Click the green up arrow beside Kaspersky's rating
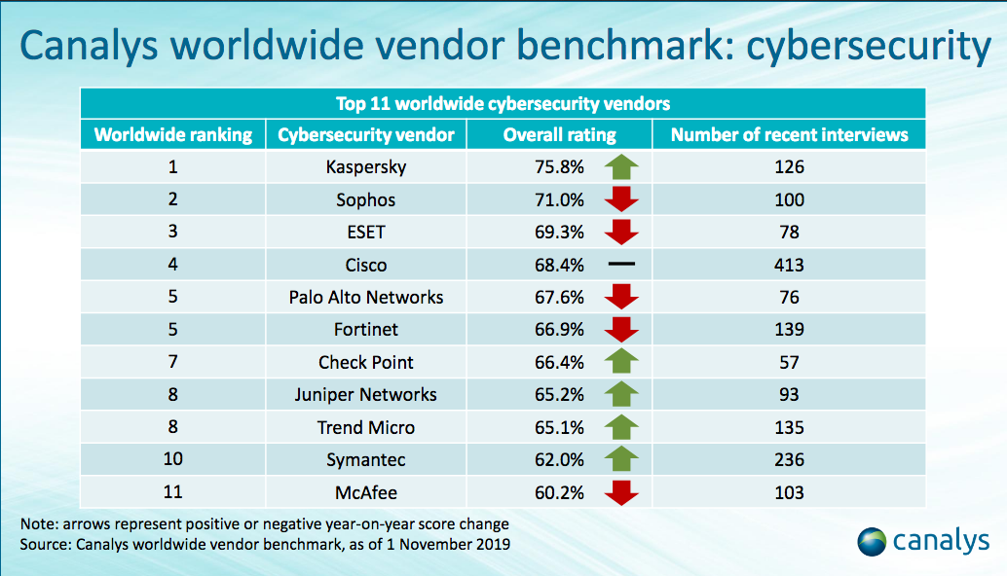pyautogui.click(x=620, y=166)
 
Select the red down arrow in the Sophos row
pyautogui.click(x=620, y=199)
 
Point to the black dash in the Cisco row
pyautogui.click(x=620, y=265)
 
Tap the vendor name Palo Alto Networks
pyautogui.click(x=366, y=297)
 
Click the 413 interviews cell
pyautogui.click(x=789, y=265)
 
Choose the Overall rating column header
pyautogui.click(x=560, y=134)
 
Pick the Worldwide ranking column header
pyautogui.click(x=172, y=134)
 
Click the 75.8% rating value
pyautogui.click(x=560, y=166)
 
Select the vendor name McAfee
pyautogui.click(x=366, y=492)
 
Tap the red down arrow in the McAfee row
pyautogui.click(x=620, y=492)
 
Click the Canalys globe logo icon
pyautogui.click(x=872, y=541)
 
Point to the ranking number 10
pyautogui.click(x=172, y=459)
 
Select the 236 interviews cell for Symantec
pyautogui.click(x=789, y=459)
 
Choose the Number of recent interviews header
pyautogui.click(x=789, y=134)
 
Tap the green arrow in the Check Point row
pyautogui.click(x=620, y=362)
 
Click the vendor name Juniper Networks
pyautogui.click(x=366, y=394)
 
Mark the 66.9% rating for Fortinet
pyautogui.click(x=560, y=330)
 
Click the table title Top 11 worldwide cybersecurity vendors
pyautogui.click(x=503, y=103)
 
